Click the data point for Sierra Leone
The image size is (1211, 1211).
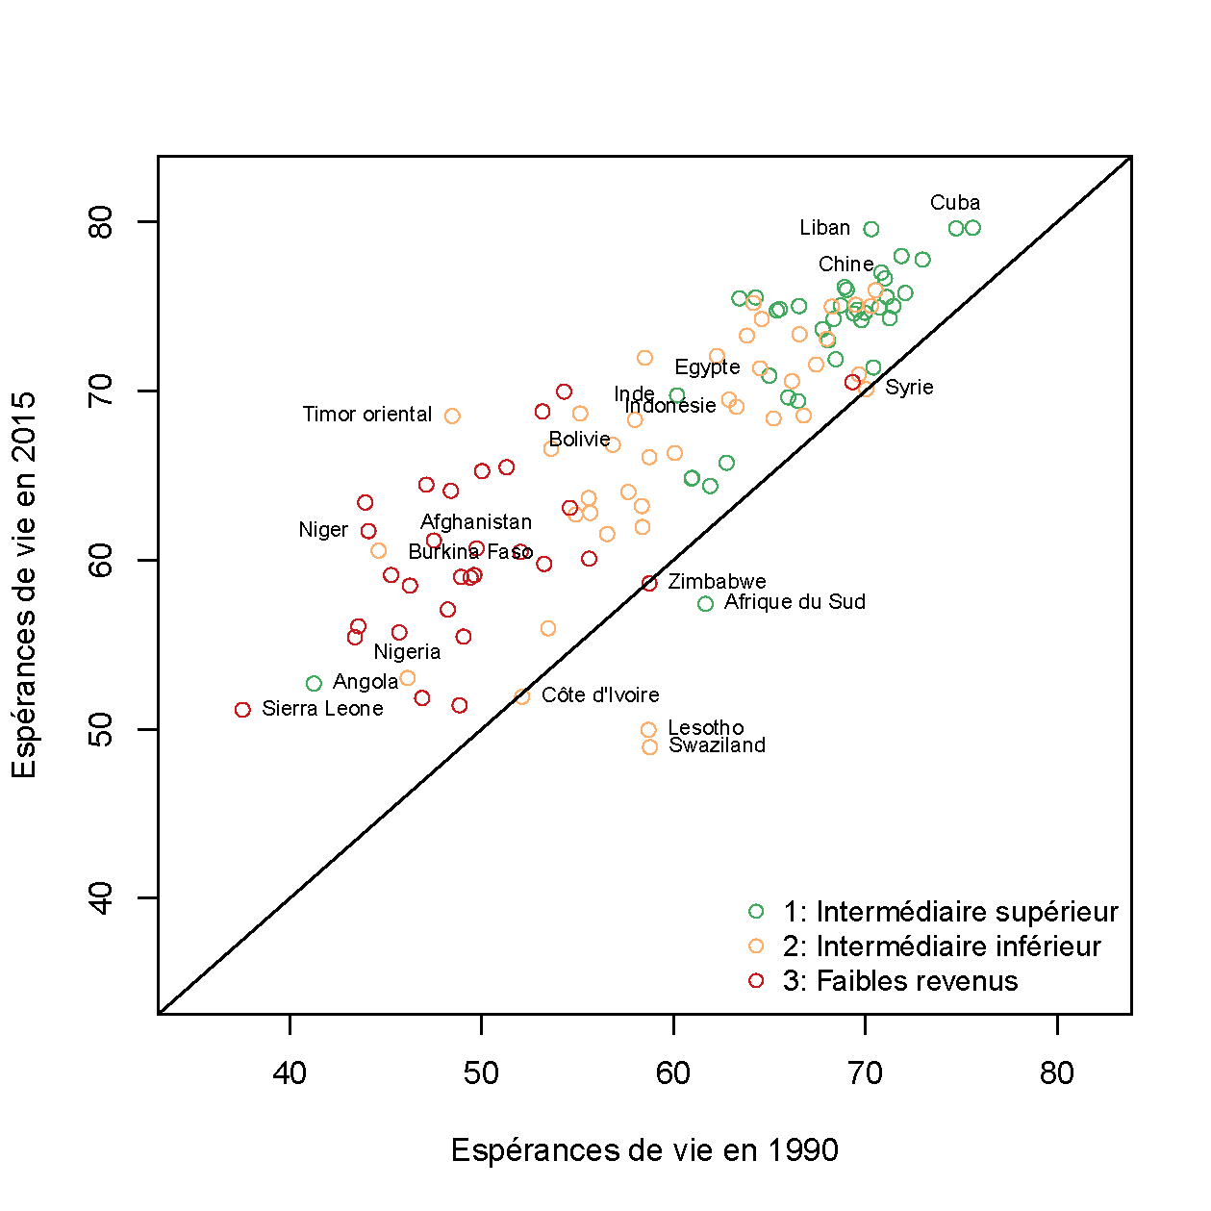point(242,710)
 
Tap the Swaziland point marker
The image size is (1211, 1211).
point(649,747)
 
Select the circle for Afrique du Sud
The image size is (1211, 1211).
point(705,604)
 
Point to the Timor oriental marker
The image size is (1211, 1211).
point(452,416)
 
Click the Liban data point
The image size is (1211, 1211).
point(870,229)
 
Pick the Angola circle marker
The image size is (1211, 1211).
point(314,684)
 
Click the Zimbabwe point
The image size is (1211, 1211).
point(649,583)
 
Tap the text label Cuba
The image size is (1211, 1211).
point(954,203)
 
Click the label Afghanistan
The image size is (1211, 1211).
point(476,522)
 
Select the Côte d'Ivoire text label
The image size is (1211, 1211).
point(600,695)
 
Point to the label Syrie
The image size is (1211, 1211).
point(909,388)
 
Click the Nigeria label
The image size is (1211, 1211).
point(407,652)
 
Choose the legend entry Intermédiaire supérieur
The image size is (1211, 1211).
point(950,912)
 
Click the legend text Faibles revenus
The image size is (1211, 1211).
point(900,981)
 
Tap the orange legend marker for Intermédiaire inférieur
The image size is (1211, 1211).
point(756,946)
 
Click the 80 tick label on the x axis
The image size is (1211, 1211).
point(1056,1073)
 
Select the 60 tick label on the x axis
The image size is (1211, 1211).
point(673,1073)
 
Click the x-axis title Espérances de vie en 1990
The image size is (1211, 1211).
point(644,1150)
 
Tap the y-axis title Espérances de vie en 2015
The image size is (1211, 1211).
point(24,584)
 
